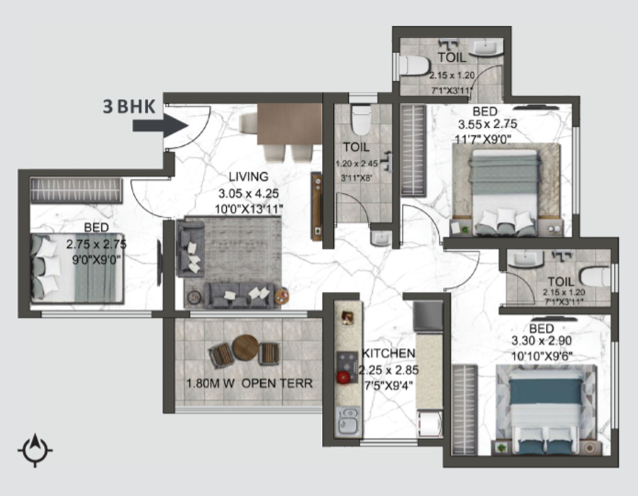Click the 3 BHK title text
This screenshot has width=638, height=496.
point(129,107)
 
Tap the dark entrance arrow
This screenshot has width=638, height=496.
point(160,125)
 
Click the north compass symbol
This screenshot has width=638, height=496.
point(35,450)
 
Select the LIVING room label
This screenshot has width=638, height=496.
point(249,177)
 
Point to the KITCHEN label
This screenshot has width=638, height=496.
point(388,354)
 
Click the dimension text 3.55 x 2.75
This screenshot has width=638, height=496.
point(488,123)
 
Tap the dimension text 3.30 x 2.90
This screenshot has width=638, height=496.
point(542,341)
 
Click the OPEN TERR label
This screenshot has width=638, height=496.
point(277,383)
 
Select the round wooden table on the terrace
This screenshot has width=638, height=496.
point(245,348)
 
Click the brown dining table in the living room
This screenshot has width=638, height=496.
point(289,124)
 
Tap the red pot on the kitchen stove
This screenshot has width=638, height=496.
point(343,376)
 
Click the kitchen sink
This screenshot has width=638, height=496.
point(348,422)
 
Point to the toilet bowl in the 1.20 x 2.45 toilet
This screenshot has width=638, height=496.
point(361,120)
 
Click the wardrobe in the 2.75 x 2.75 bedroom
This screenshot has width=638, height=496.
point(76,191)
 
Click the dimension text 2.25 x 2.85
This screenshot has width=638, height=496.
point(388,370)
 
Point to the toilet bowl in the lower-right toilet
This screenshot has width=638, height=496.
point(595,277)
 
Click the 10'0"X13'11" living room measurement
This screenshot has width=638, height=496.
point(249,209)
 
